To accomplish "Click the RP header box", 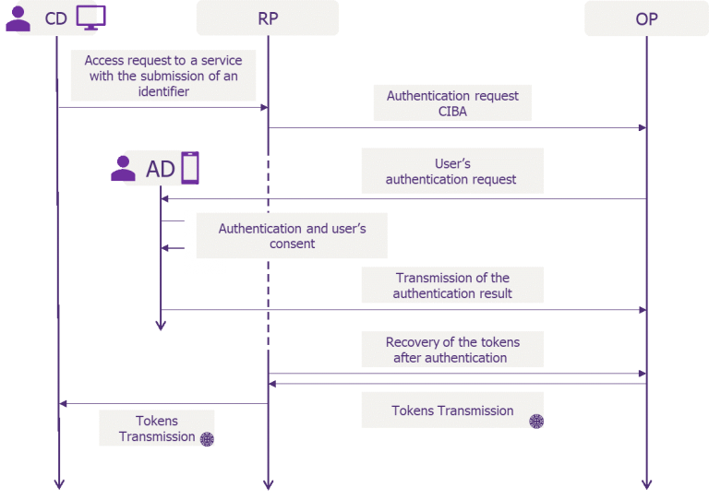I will (268, 18).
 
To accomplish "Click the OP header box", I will (646, 18).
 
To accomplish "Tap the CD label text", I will (55, 18).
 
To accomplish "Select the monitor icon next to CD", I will (90, 17).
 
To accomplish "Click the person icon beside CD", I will (18, 18).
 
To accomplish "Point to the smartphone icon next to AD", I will (189, 168).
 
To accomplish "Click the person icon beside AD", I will (123, 169).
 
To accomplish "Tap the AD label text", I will (160, 169).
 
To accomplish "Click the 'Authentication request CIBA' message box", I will (452, 103).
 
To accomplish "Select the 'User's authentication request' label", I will (451, 172).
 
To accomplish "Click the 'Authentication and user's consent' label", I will (292, 236).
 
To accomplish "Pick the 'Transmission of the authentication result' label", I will (452, 285).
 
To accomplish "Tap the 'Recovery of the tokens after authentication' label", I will (452, 350).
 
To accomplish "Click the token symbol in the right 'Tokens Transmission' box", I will (535, 421).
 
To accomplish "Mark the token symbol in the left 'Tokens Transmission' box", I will (207, 439).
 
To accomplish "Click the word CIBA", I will (452, 112).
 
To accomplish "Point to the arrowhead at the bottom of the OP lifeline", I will (646, 483).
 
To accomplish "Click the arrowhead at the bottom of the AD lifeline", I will (161, 324).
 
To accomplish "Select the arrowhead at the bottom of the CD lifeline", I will (58, 483).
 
